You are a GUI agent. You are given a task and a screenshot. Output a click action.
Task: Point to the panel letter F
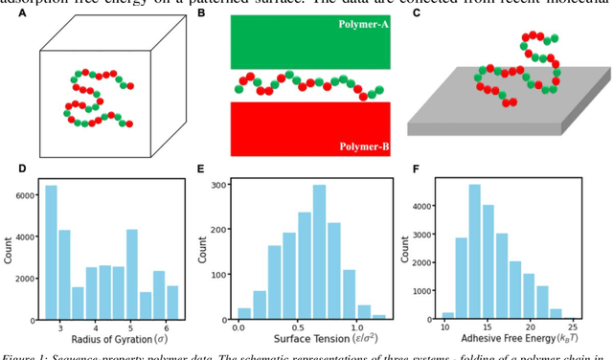(x=416, y=169)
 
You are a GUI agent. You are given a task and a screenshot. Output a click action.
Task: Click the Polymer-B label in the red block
(x=360, y=146)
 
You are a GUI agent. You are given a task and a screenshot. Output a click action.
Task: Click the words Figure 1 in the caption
(x=27, y=355)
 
